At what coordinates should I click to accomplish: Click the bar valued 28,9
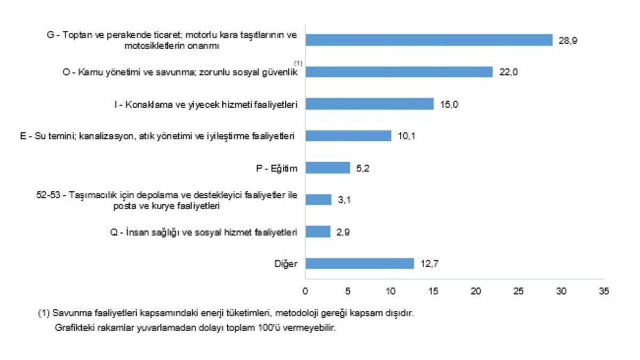click(429, 40)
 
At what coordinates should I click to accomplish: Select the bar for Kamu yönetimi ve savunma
click(399, 72)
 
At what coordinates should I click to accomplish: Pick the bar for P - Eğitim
click(327, 168)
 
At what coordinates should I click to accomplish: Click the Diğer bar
click(359, 263)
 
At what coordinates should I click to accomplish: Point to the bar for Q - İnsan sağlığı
click(318, 231)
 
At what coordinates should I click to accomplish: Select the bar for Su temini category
click(348, 136)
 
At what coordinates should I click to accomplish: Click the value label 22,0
click(508, 73)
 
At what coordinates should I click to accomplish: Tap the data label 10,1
click(406, 137)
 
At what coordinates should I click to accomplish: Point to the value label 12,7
click(429, 264)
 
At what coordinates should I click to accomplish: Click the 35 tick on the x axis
click(603, 292)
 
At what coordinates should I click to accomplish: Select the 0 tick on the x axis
click(305, 292)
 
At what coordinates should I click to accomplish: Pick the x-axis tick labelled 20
click(476, 292)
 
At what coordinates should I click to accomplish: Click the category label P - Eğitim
click(277, 168)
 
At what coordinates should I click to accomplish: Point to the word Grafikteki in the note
click(72, 328)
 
